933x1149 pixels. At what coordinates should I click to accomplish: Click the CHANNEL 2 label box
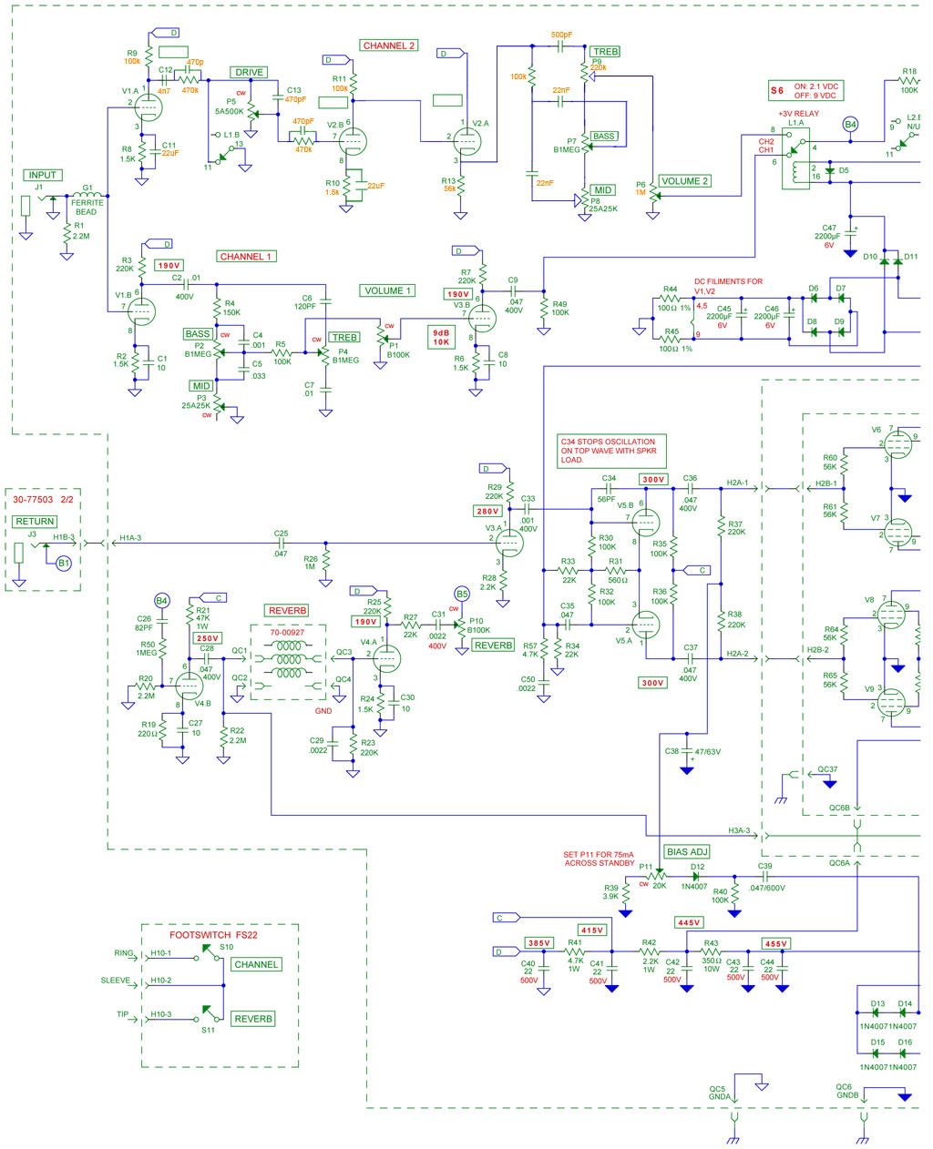pyautogui.click(x=389, y=46)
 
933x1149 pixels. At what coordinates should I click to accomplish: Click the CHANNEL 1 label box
pyautogui.click(x=245, y=257)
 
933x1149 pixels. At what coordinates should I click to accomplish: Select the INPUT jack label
pyautogui.click(x=42, y=175)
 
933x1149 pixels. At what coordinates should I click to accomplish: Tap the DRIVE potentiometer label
pyautogui.click(x=249, y=73)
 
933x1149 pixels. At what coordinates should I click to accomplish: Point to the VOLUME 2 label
pyautogui.click(x=684, y=181)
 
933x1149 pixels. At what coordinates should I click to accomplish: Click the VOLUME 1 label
pyautogui.click(x=388, y=291)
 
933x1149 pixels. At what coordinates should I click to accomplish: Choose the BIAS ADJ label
pyautogui.click(x=687, y=852)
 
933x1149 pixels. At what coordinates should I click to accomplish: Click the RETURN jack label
pyautogui.click(x=35, y=522)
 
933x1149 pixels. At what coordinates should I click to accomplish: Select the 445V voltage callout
pyautogui.click(x=689, y=923)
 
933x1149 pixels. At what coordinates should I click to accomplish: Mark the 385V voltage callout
pyautogui.click(x=539, y=942)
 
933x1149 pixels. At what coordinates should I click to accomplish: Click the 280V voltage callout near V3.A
pyautogui.click(x=487, y=512)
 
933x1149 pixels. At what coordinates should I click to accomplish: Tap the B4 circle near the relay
pyautogui.click(x=850, y=125)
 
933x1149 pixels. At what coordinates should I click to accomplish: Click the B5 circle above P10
pyautogui.click(x=462, y=595)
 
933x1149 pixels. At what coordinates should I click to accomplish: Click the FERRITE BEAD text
pyautogui.click(x=87, y=208)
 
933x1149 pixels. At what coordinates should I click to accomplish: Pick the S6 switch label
pyautogui.click(x=777, y=91)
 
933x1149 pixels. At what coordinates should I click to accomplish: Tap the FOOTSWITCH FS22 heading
pyautogui.click(x=213, y=935)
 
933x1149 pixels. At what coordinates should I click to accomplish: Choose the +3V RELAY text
pyautogui.click(x=798, y=114)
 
